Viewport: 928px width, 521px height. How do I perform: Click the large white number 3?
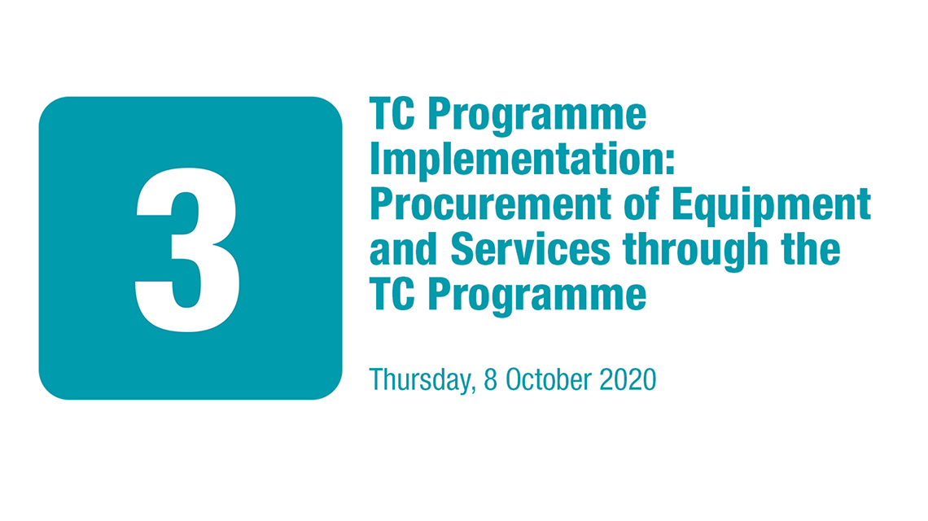tap(188, 250)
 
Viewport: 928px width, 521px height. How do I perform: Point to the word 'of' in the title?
tap(641, 204)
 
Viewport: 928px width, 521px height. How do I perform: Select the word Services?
tap(530, 249)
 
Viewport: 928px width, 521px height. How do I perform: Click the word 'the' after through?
tap(811, 249)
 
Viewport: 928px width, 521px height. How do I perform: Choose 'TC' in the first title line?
tap(392, 114)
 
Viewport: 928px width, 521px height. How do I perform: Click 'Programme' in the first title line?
tap(536, 116)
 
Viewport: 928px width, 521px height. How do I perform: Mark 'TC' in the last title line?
tap(392, 294)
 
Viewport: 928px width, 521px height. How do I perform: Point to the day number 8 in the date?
tap(491, 379)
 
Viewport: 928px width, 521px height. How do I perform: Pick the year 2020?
tap(628, 379)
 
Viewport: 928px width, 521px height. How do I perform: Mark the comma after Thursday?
tap(474, 388)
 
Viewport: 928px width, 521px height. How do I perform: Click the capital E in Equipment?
tap(682, 204)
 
